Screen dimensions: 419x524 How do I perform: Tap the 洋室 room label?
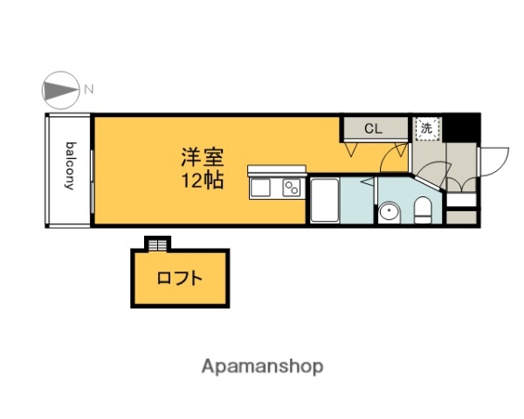click(203, 159)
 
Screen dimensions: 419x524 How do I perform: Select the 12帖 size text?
click(203, 182)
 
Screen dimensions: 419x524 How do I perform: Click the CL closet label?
click(373, 129)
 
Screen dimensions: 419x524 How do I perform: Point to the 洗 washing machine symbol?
click(427, 127)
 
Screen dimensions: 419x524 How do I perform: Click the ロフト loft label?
click(181, 279)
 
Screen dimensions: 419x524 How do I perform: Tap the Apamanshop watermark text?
click(262, 367)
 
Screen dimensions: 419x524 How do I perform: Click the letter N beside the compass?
click(89, 89)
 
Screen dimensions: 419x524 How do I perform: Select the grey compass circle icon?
click(59, 89)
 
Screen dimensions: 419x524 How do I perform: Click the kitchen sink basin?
click(263, 187)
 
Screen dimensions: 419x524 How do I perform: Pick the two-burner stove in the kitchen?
click(292, 187)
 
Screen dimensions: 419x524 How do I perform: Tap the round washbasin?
click(389, 210)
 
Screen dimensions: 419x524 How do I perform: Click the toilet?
click(423, 209)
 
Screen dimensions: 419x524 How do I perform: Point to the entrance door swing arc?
click(494, 160)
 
